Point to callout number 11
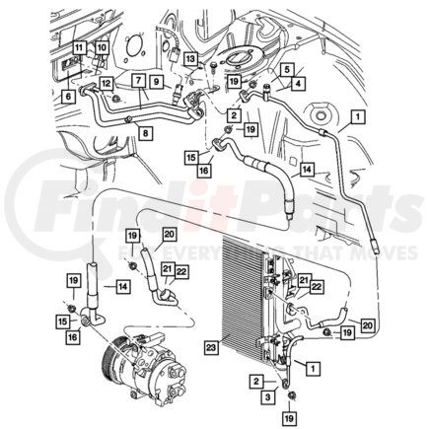click(79, 48)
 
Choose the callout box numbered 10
click(101, 48)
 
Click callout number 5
click(286, 70)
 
